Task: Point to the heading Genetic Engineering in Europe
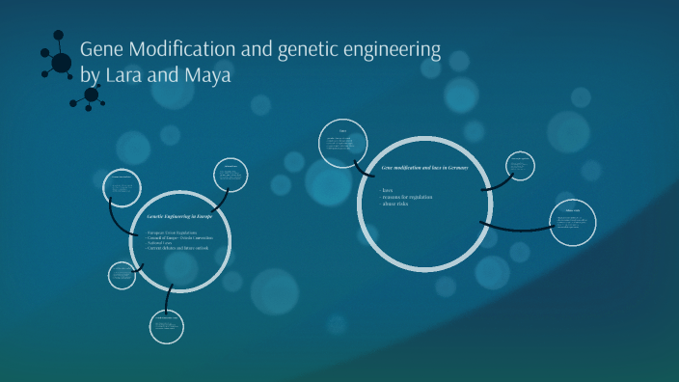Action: point(185,218)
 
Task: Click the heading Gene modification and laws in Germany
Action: point(424,169)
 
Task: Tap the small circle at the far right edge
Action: point(572,222)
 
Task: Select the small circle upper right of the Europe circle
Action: point(231,177)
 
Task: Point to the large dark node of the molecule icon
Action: point(61,63)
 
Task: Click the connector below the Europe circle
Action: point(168,298)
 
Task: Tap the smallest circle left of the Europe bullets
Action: point(122,275)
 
